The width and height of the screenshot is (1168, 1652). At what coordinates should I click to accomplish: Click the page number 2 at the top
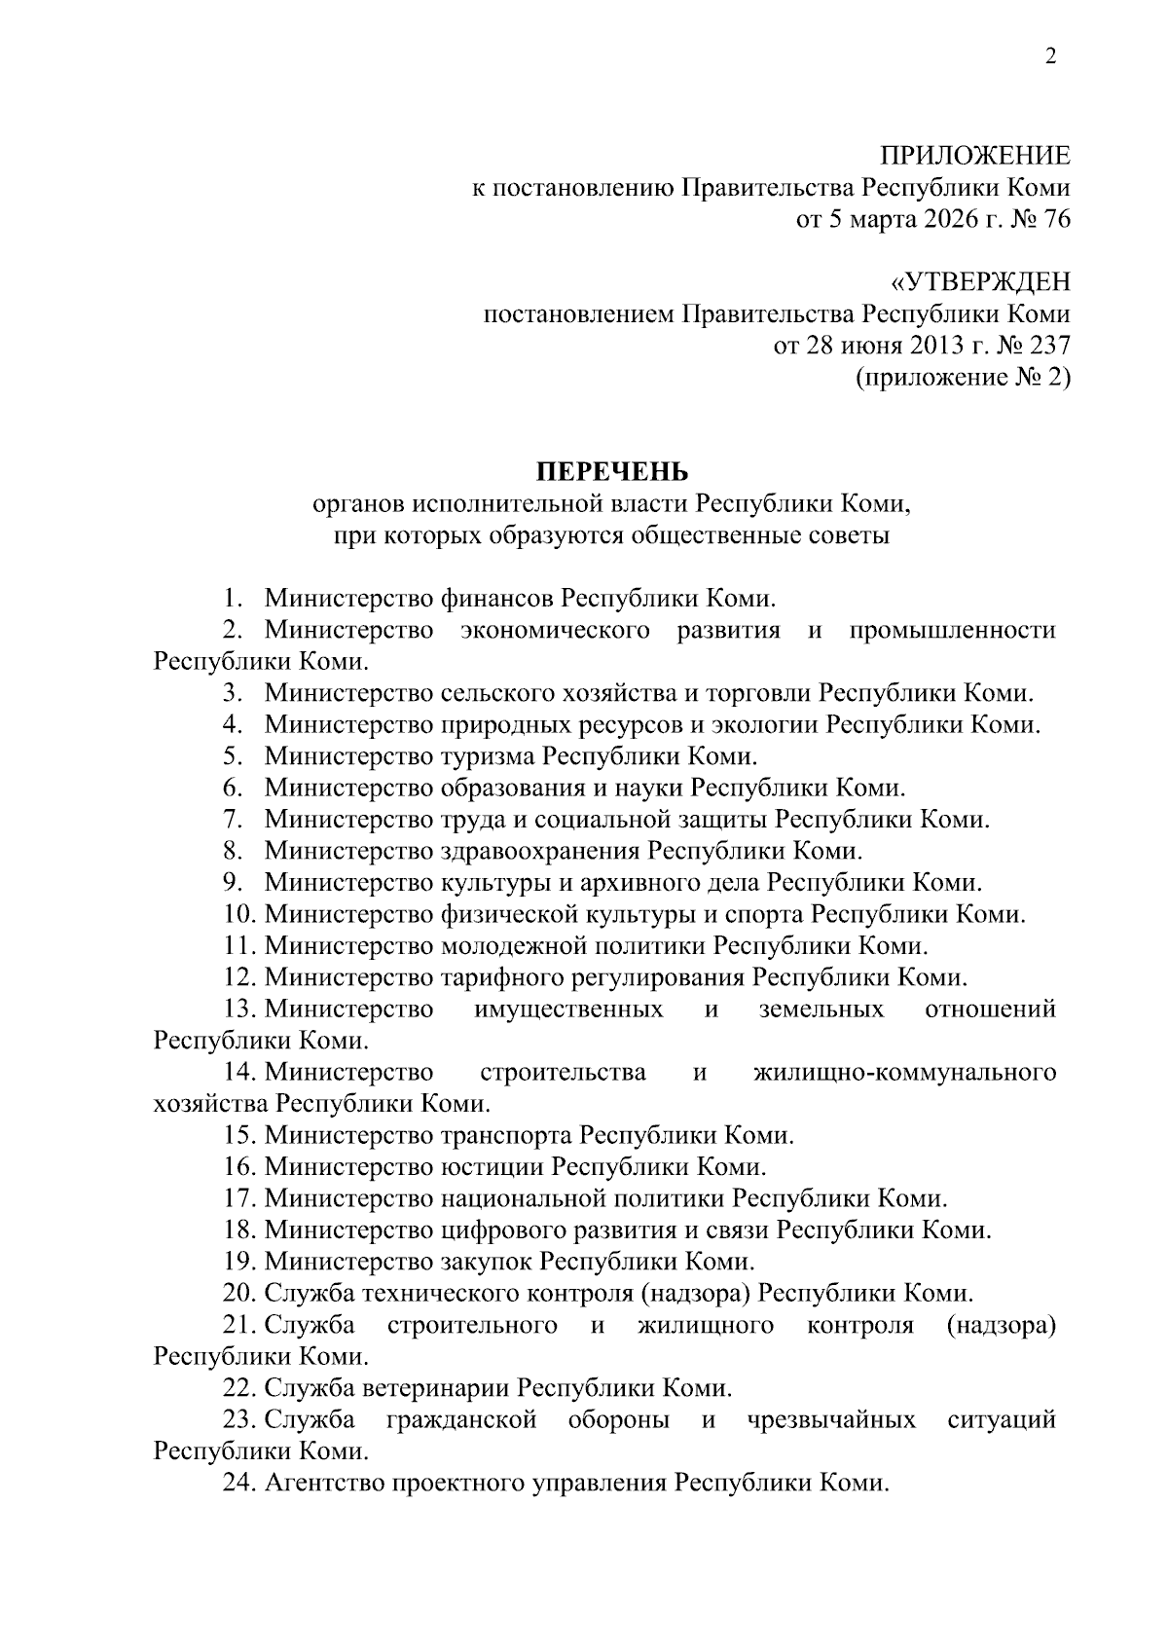pos(1050,57)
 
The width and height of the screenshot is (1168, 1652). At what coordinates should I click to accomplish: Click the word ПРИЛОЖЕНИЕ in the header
pos(974,156)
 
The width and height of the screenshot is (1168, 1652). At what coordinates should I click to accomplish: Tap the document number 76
pos(1056,219)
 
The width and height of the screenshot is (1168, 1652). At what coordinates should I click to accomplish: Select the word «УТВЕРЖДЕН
pos(980,283)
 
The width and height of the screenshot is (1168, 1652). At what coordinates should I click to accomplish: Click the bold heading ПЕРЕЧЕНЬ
pos(612,471)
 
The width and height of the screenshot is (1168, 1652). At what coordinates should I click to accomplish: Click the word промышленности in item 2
pos(952,630)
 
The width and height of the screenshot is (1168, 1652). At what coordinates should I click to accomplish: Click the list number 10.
pos(238,914)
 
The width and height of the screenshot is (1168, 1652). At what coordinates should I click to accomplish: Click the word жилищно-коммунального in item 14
pos(904,1073)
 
